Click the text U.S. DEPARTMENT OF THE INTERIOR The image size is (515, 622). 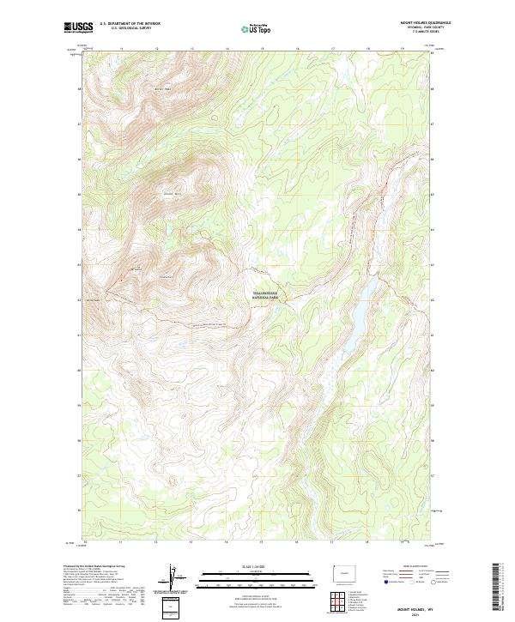tap(130, 23)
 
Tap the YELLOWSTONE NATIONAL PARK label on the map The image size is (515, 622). tap(272, 295)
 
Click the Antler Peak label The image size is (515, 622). tap(163, 88)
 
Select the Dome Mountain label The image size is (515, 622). tap(174, 193)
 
